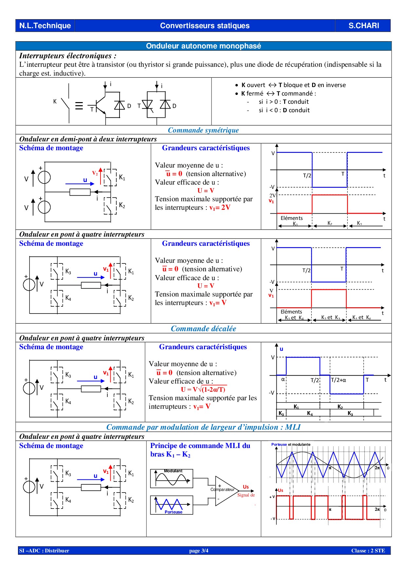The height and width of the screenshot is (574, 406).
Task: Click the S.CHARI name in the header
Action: point(363,26)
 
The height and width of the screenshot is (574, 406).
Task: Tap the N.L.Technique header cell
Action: point(45,26)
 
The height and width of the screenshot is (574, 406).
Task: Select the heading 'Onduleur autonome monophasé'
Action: point(203,46)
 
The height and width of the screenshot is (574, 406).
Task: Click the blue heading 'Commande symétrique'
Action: point(203,130)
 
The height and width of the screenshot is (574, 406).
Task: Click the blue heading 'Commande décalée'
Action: point(203,329)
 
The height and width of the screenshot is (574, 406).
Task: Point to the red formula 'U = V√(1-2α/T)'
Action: point(203,389)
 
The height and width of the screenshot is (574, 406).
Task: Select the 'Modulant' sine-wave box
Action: point(172,479)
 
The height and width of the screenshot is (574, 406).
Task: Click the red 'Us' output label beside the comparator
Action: point(246,487)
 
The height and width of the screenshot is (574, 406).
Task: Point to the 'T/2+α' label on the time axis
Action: point(339,380)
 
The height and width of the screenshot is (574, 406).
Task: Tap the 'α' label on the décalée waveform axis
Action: point(283,380)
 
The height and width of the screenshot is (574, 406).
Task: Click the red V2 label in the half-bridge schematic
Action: point(95,173)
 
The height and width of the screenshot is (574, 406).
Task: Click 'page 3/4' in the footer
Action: point(199,551)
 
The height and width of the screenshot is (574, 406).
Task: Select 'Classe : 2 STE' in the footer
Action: point(368,551)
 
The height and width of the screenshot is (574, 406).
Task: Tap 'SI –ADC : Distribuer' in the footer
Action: point(44,551)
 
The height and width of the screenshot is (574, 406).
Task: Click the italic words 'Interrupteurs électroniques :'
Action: point(68,56)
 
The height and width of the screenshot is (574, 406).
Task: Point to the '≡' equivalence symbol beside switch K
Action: point(79,106)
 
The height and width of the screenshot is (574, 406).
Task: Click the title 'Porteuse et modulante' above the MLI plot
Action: point(291,444)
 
